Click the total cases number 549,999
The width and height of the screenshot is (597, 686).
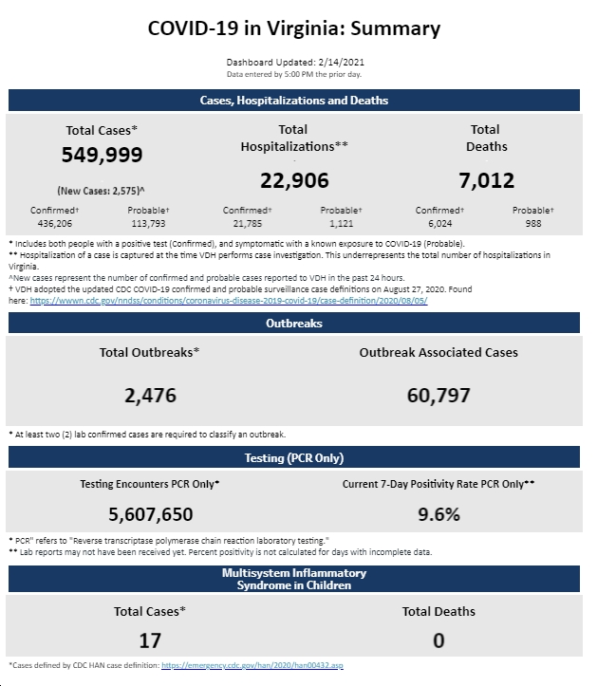tap(102, 155)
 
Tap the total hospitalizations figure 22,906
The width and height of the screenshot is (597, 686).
tap(294, 180)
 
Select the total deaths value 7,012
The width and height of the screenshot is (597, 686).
tap(486, 180)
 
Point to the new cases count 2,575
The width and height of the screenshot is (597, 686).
tap(125, 191)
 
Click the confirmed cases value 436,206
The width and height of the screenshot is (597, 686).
tap(55, 224)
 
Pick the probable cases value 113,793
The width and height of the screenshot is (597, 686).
tap(148, 224)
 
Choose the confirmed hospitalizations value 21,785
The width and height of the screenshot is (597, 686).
tap(248, 224)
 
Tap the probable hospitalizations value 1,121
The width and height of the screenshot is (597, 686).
tap(341, 224)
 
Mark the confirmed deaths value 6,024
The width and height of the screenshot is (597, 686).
tap(439, 224)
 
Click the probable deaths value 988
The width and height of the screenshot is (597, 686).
tap(533, 224)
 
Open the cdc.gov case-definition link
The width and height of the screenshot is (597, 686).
tap(229, 301)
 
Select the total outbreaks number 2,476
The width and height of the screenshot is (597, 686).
tap(150, 396)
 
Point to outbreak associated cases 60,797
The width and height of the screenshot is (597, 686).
tap(438, 396)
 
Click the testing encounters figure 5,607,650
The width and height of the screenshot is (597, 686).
tap(151, 514)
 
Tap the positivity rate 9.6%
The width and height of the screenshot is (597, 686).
tap(438, 514)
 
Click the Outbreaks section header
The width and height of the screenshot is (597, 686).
tap(294, 324)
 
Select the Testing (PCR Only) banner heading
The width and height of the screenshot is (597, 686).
tap(294, 458)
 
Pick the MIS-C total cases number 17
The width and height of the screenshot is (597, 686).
tap(150, 640)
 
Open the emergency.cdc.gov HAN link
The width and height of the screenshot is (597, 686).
tap(252, 665)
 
